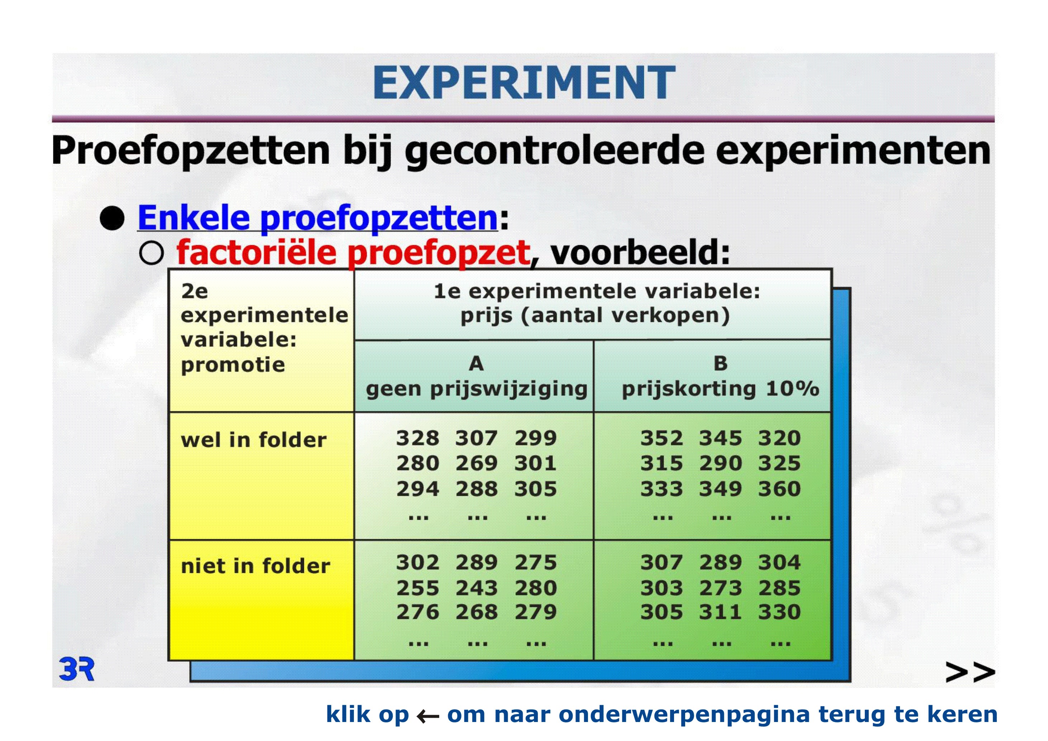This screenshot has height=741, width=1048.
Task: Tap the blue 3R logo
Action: [76, 669]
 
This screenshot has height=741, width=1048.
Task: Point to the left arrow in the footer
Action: [428, 716]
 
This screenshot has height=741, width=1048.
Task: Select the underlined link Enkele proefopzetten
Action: [318, 218]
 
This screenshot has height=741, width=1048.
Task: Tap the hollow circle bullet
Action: [152, 253]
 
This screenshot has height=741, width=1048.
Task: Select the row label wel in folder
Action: [254, 440]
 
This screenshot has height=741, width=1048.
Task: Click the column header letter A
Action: [476, 364]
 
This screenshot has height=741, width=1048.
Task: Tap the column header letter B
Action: [720, 364]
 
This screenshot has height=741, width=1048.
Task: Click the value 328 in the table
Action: [418, 438]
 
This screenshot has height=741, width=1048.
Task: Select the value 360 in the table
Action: [779, 489]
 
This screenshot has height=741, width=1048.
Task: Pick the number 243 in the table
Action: [476, 588]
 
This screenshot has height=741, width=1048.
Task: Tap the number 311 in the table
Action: [721, 612]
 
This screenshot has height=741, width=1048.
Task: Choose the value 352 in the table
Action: [662, 438]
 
